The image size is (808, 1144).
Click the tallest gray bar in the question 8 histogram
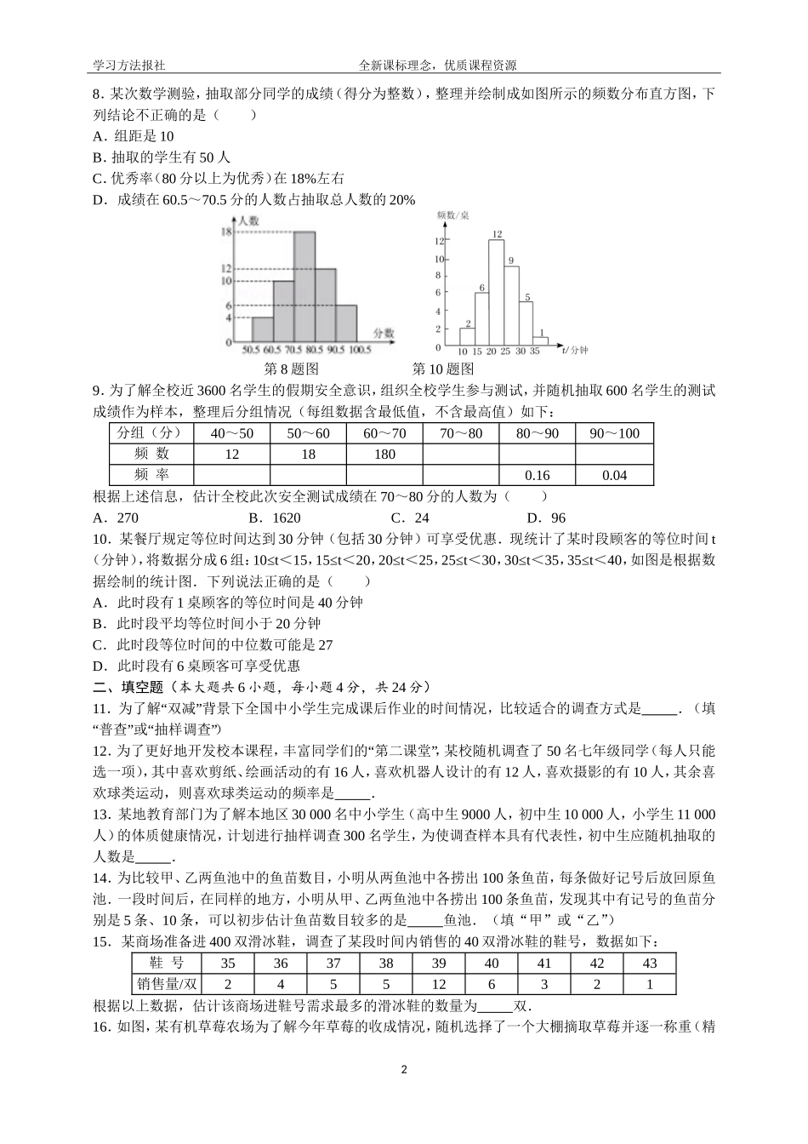click(x=304, y=286)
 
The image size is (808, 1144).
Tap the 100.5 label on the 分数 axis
click(x=360, y=350)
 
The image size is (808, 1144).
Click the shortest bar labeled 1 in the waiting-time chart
click(x=541, y=341)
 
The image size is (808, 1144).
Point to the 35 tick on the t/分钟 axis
click(x=535, y=351)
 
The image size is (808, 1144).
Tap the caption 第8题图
click(x=292, y=369)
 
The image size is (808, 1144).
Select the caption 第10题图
click(x=442, y=369)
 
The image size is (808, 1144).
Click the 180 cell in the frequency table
click(x=384, y=455)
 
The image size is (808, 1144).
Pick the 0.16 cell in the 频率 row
click(x=538, y=475)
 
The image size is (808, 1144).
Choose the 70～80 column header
click(x=461, y=433)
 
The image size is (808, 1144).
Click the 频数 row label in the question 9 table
click(x=152, y=455)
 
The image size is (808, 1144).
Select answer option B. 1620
click(x=275, y=518)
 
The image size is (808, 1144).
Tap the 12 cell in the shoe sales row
click(x=439, y=984)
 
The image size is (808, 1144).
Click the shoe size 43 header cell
click(x=650, y=964)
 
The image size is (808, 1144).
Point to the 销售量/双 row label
click(x=167, y=984)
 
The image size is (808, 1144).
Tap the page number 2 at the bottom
click(x=404, y=1069)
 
